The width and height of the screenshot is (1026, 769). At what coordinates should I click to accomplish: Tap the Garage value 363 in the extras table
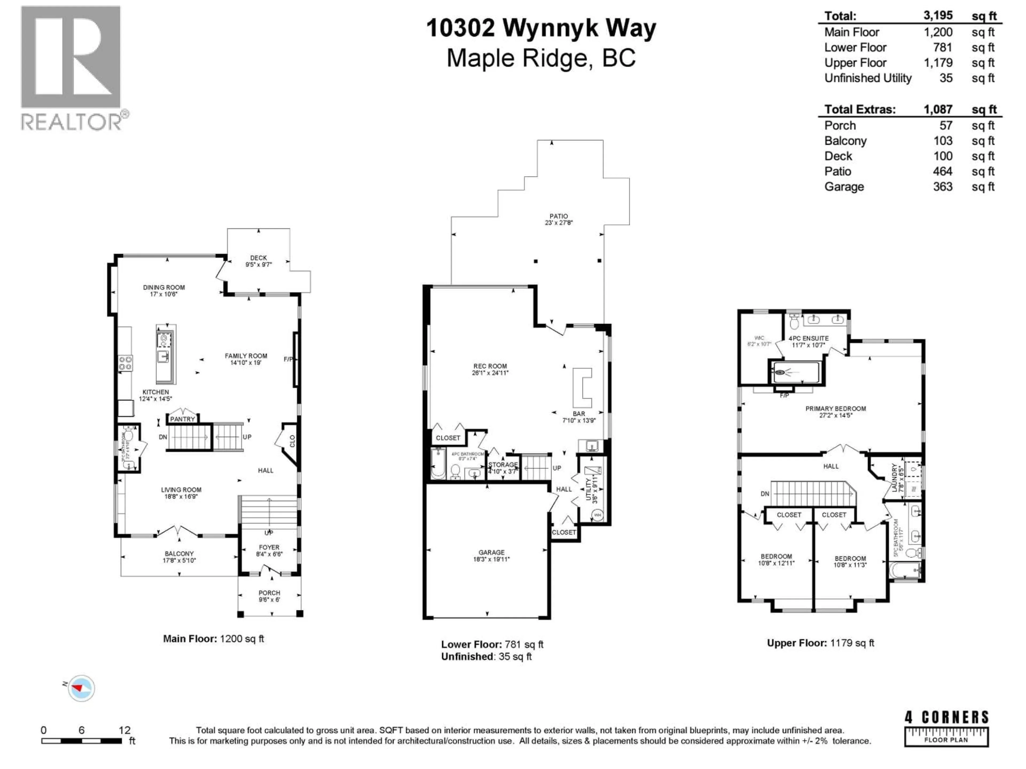[x=943, y=187]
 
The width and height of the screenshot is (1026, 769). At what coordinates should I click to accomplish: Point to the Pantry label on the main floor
[x=182, y=419]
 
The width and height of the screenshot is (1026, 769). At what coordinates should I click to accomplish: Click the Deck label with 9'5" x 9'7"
[x=258, y=261]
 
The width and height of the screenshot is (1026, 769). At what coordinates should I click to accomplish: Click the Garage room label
[x=491, y=556]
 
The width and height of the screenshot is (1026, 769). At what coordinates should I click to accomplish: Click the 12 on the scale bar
[x=124, y=730]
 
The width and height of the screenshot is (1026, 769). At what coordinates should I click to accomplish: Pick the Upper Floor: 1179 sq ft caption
[x=820, y=643]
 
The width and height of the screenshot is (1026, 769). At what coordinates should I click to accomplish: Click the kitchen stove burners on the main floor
[x=125, y=363]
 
